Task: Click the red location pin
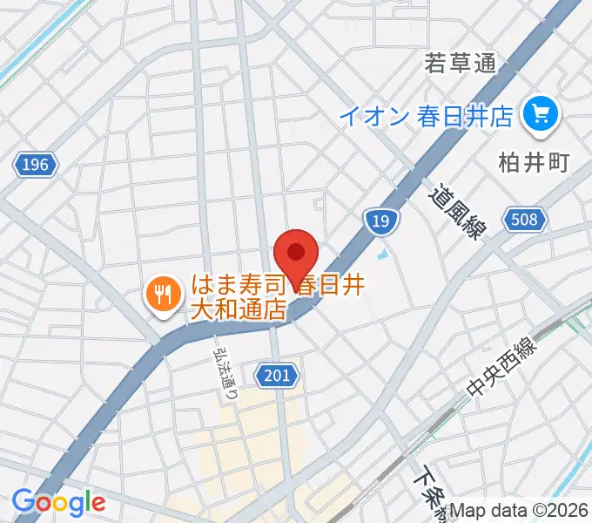pyautogui.click(x=295, y=254)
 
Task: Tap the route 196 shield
pyautogui.click(x=37, y=164)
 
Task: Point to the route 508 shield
pyautogui.click(x=524, y=220)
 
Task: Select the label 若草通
pyautogui.click(x=460, y=64)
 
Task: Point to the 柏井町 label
pyautogui.click(x=533, y=163)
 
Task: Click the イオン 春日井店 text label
pyautogui.click(x=426, y=116)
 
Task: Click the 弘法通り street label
pyautogui.click(x=225, y=374)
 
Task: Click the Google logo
pyautogui.click(x=58, y=502)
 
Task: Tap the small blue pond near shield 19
pyautogui.click(x=383, y=256)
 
